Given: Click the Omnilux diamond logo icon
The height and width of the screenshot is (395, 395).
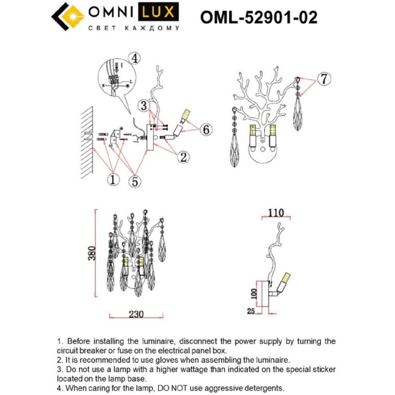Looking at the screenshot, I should pyautogui.click(x=66, y=17).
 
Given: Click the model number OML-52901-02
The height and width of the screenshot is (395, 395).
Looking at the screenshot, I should pyautogui.click(x=258, y=18).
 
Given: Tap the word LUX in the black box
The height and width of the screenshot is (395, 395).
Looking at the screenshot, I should pyautogui.click(x=160, y=12).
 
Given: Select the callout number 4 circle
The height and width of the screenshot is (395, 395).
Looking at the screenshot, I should pyautogui.click(x=134, y=58).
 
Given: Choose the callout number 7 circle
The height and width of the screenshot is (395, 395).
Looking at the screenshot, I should pyautogui.click(x=325, y=78).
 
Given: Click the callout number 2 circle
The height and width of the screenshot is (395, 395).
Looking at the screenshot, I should pyautogui.click(x=182, y=157).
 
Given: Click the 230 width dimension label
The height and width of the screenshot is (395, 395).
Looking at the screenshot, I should pyautogui.click(x=136, y=314).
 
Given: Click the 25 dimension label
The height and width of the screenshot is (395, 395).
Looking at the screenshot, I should pyautogui.click(x=251, y=311).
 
